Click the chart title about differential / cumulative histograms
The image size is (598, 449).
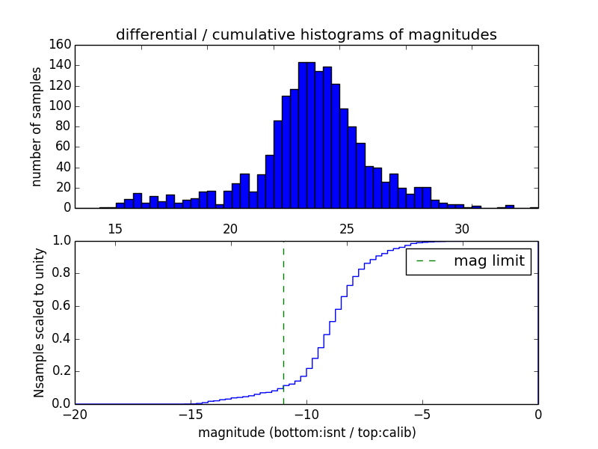(x=306, y=34)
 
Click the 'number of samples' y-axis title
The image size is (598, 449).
(x=37, y=126)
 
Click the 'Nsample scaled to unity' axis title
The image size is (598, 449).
(x=39, y=323)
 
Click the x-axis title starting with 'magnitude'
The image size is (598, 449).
(x=306, y=433)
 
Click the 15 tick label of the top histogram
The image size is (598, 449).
(x=115, y=228)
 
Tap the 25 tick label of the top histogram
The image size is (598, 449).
(x=347, y=228)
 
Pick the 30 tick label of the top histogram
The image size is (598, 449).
(x=462, y=228)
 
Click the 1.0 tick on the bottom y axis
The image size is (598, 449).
(x=62, y=241)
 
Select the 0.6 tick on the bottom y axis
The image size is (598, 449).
(x=62, y=306)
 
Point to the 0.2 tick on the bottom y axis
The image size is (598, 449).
(x=62, y=371)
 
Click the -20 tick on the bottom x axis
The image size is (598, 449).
(x=75, y=414)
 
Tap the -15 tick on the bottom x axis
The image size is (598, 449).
(x=191, y=414)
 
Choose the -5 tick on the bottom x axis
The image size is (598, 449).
(x=422, y=414)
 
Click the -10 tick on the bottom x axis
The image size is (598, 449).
(x=306, y=414)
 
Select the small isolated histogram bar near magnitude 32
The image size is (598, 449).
(x=509, y=206)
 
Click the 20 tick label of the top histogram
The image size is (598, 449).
(x=231, y=228)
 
